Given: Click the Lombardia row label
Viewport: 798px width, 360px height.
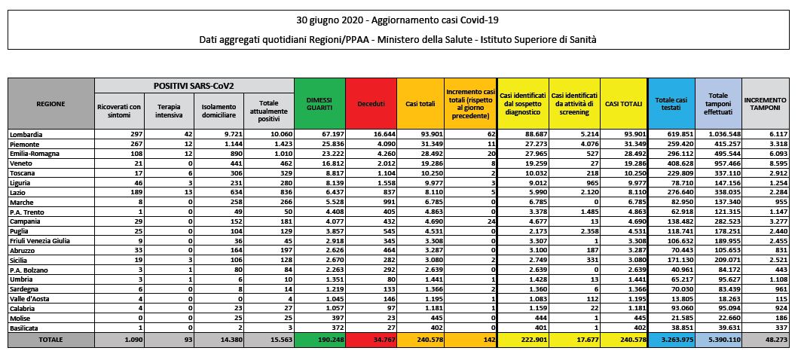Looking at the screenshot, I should (x=26, y=134).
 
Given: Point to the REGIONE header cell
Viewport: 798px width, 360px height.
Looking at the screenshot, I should (x=50, y=103).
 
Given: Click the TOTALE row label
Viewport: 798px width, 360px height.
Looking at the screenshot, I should (x=50, y=340).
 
